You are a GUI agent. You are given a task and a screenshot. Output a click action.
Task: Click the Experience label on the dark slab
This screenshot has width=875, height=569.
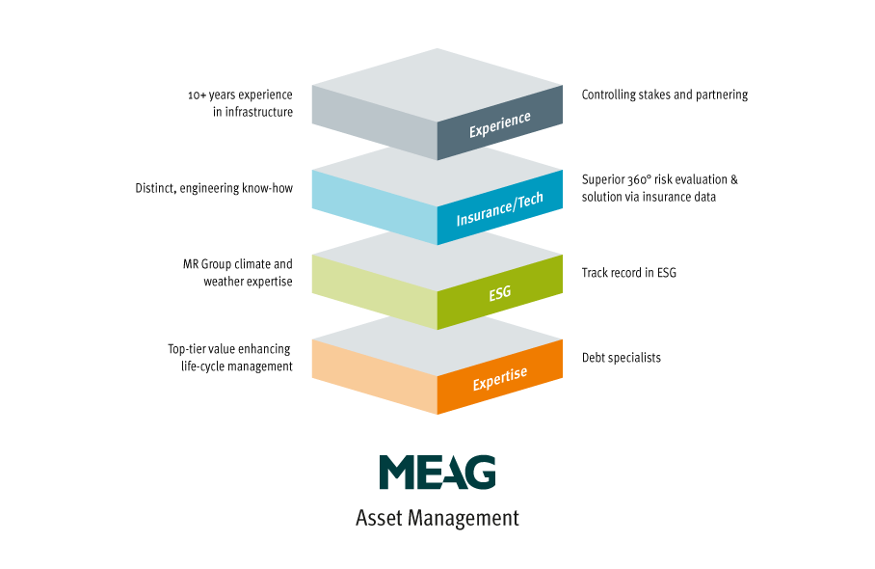[499, 124]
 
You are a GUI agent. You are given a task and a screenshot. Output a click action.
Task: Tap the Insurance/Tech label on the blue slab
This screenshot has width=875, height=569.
[499, 209]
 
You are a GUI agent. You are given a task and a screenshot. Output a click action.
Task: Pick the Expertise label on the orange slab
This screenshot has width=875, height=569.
[499, 379]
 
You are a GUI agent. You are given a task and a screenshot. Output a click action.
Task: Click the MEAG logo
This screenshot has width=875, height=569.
[437, 472]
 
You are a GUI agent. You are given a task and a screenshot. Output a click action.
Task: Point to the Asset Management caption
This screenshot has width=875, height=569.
[437, 518]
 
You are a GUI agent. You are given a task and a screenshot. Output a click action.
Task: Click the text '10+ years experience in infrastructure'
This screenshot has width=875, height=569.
[240, 103]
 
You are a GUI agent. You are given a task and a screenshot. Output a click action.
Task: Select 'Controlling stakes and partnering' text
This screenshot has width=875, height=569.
[665, 95]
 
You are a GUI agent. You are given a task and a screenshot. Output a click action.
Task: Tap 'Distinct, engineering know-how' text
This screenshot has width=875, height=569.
[214, 188]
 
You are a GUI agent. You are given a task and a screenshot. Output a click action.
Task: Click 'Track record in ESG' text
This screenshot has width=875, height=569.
[629, 273]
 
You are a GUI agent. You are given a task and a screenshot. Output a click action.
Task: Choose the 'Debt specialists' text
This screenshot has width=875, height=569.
[622, 358]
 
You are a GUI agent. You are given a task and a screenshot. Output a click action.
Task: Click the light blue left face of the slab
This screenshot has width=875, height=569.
[375, 207]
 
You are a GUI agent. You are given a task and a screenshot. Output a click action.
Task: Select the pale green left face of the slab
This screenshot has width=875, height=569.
[375, 292]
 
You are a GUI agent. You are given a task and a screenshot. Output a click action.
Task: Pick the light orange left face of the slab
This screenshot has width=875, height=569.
[375, 377]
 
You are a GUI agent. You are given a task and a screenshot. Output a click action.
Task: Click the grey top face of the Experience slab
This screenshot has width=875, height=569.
[437, 85]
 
